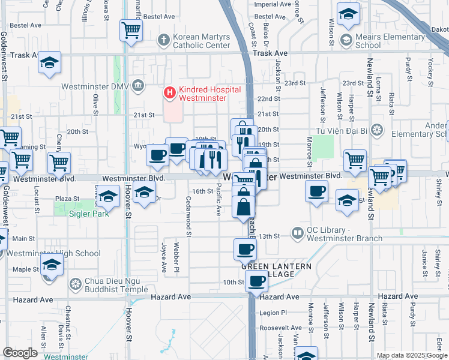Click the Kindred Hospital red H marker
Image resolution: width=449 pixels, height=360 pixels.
pos(170,93)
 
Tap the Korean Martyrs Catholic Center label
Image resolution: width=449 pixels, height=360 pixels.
pos(202,41)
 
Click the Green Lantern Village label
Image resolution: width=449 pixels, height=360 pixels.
pos(277,270)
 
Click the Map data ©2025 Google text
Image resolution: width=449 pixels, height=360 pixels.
pos(411,355)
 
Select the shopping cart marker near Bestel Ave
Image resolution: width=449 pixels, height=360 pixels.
pos(131,30)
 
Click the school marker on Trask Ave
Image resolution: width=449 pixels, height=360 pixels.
pos(49,62)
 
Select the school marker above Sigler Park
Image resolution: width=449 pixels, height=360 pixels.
pos(109,197)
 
